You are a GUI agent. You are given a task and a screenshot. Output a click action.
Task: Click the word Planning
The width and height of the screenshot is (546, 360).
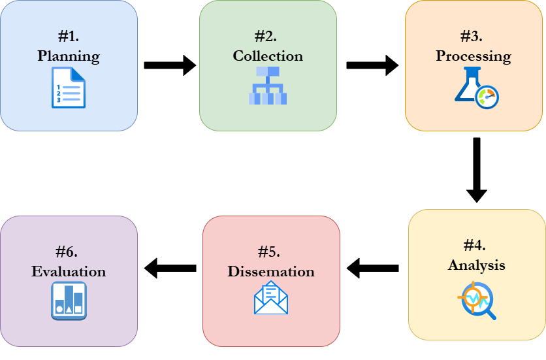(x=69, y=56)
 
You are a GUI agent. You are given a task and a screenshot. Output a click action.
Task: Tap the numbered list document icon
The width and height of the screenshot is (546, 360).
(x=69, y=88)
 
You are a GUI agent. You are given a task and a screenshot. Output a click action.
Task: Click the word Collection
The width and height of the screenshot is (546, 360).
(x=268, y=56)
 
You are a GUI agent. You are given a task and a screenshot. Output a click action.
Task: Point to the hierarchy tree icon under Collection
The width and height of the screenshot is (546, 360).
(x=268, y=86)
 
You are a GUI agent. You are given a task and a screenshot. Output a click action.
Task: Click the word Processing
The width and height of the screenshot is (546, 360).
(x=474, y=56)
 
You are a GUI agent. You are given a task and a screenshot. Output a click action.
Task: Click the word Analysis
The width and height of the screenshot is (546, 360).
(x=477, y=265)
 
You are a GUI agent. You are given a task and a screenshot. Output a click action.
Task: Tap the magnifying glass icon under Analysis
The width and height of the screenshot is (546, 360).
(x=477, y=299)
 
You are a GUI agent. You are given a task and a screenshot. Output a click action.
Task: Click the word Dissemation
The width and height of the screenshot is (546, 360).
(x=271, y=271)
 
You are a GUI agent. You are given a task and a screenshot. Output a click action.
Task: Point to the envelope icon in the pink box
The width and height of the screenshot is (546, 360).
(x=271, y=298)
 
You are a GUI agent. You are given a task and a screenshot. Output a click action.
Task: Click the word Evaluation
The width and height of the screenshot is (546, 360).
(x=69, y=271)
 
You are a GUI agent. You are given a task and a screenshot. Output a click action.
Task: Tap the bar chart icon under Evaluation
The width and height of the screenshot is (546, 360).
(x=69, y=301)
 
